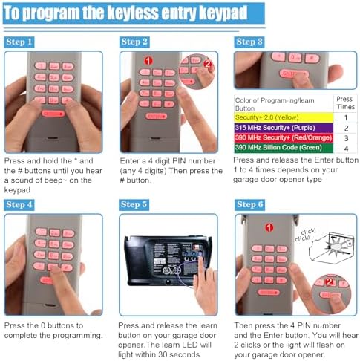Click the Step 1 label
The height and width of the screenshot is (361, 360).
(19, 42)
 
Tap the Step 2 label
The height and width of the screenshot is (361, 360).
(134, 42)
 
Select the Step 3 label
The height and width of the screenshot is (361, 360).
(249, 42)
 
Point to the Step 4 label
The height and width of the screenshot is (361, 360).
(19, 204)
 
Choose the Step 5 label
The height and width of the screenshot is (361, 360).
(134, 204)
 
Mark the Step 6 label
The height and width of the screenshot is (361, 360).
(249, 204)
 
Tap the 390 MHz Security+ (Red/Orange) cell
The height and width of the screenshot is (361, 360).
(280, 138)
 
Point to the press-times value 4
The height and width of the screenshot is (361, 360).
(345, 148)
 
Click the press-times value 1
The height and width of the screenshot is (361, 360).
(345, 117)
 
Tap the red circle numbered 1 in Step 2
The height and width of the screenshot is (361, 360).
(148, 61)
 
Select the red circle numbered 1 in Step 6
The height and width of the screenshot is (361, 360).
(269, 227)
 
